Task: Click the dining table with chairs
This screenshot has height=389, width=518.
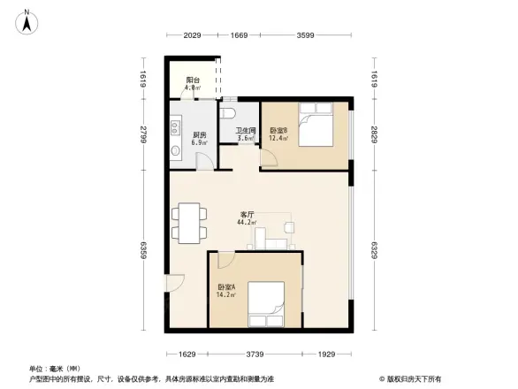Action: tap(189, 222)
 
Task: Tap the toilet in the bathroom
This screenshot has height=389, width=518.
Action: tap(229, 115)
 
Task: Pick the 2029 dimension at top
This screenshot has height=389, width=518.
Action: tap(193, 35)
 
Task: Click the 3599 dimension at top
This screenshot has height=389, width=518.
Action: tap(306, 35)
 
